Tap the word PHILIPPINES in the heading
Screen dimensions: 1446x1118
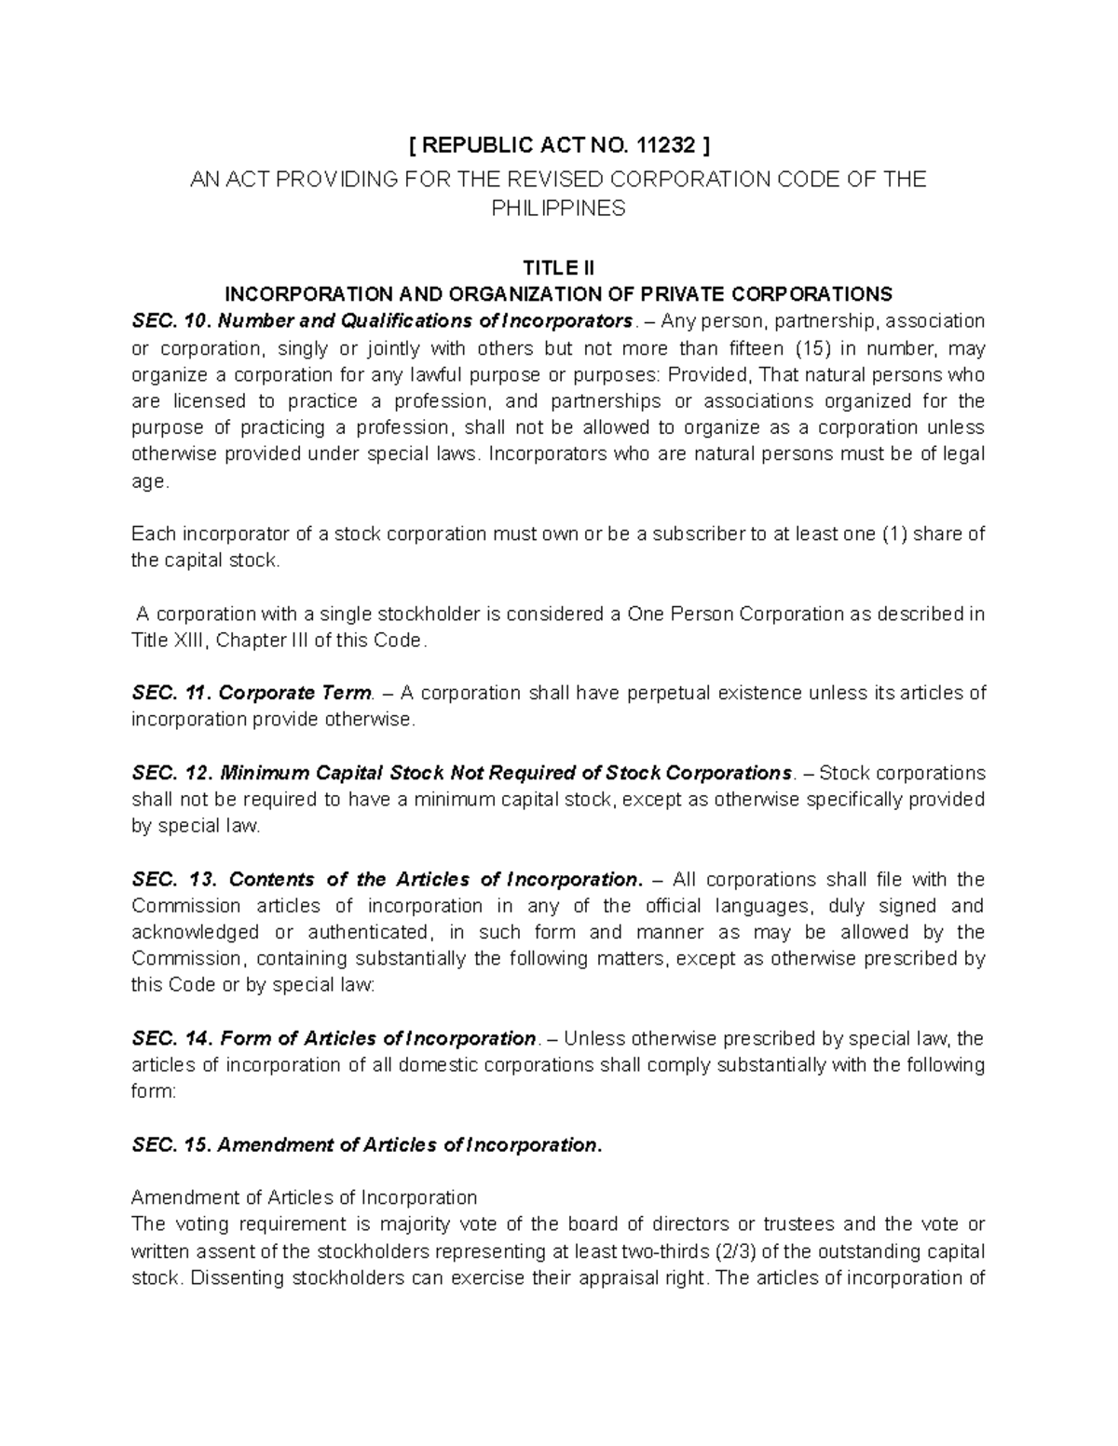tap(558, 208)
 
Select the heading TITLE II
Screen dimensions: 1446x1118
tap(558, 268)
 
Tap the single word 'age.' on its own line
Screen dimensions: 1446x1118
tap(151, 481)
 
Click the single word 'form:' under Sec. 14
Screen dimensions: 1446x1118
tap(153, 1091)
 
